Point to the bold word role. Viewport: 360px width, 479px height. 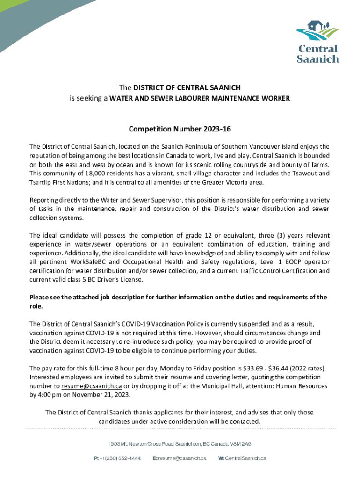[36, 306]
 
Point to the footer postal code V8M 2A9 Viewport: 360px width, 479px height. [241, 443]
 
